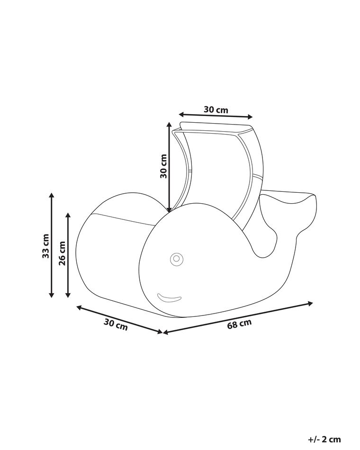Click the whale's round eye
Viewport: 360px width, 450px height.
pyautogui.click(x=177, y=259)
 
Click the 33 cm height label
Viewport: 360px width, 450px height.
pyautogui.click(x=45, y=246)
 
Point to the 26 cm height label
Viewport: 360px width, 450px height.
pyautogui.click(x=62, y=253)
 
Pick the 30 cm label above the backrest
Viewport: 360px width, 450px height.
pyautogui.click(x=216, y=109)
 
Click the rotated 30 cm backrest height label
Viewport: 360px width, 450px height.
pyautogui.click(x=163, y=166)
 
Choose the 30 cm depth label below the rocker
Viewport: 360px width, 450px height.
pyautogui.click(x=116, y=325)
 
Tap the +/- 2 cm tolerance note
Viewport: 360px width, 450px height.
pyautogui.click(x=324, y=439)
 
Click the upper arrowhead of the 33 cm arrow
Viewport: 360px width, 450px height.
pyautogui.click(x=51, y=195)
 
